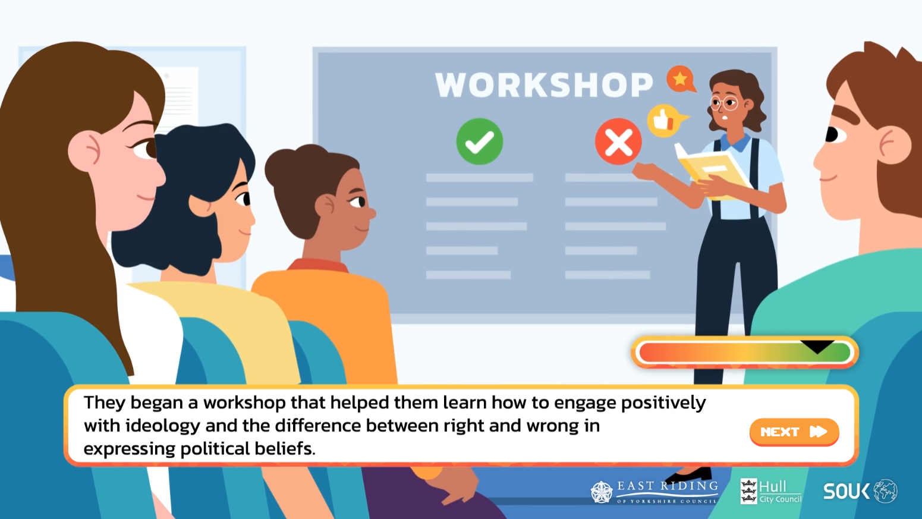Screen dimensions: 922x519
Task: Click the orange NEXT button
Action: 794,432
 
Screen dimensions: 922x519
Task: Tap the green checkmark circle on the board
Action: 480,141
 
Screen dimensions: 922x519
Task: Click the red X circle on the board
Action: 618,141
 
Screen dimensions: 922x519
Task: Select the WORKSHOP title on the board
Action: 544,85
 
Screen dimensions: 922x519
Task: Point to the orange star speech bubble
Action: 681,78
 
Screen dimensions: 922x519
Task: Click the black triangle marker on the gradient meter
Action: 817,347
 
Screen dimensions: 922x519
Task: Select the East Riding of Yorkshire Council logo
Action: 654,492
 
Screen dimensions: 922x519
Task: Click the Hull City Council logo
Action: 770,492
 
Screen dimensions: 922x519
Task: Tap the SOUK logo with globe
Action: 860,491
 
